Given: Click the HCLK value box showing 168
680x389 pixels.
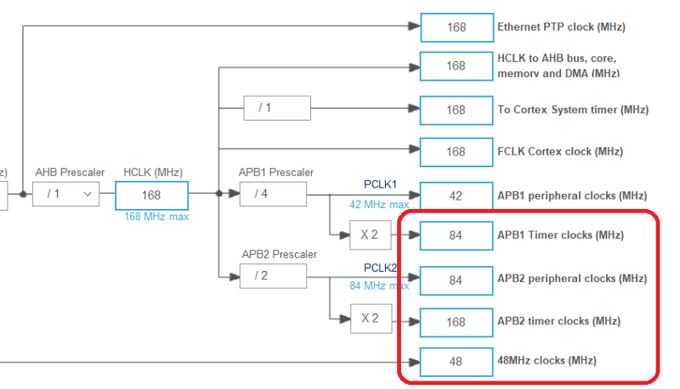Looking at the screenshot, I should tap(151, 194).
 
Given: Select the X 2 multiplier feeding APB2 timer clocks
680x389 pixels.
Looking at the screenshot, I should tap(371, 319).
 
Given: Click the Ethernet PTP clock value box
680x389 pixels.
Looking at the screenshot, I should tap(456, 27).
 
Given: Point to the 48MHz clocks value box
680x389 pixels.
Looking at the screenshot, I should tap(456, 362).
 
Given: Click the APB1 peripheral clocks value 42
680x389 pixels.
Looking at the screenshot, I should tap(456, 195).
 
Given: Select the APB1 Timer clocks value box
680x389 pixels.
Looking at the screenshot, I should tap(456, 235).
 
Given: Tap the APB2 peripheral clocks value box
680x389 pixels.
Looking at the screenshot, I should tap(456, 279).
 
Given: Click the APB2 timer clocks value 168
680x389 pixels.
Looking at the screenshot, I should tap(456, 322).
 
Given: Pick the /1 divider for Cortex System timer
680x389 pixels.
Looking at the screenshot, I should tap(265, 108).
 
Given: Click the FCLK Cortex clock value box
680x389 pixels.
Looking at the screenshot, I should tap(456, 152).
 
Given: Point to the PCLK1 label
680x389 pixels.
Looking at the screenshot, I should tap(381, 184).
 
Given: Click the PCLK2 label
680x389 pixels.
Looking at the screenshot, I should tap(381, 268).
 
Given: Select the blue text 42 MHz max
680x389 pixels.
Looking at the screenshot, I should tap(379, 205).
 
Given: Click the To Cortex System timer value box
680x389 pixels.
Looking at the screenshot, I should tap(456, 110).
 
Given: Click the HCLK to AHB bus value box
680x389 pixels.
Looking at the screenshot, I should tap(456, 65).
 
